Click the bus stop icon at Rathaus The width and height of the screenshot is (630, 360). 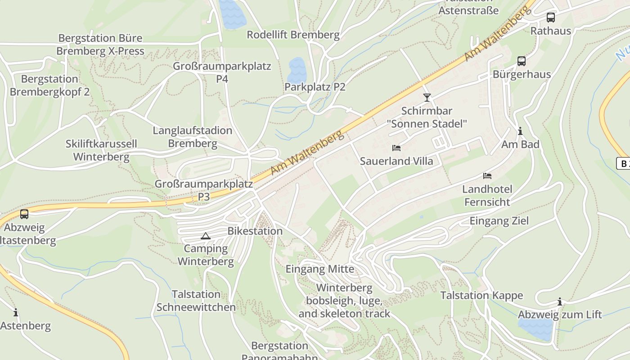tap(550, 18)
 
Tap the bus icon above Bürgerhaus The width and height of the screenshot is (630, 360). tap(521, 61)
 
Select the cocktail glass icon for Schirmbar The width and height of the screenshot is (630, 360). tap(427, 97)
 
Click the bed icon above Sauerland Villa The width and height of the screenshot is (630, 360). tap(396, 148)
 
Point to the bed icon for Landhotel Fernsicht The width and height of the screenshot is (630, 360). tap(487, 175)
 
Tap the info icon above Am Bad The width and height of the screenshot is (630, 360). tap(520, 131)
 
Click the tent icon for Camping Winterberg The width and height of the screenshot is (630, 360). tap(205, 236)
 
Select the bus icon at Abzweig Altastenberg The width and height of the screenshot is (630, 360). tap(24, 214)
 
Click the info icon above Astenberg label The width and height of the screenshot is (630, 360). tap(16, 312)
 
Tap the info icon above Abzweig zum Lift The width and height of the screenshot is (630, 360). tap(560, 301)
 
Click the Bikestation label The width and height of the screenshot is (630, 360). tap(255, 231)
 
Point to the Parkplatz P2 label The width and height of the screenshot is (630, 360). tap(315, 87)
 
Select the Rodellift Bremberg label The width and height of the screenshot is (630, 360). tap(293, 35)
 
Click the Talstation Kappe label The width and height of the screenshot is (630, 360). tap(481, 295)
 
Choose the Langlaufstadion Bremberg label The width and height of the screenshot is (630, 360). tap(193, 137)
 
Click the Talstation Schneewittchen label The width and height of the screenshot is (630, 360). tap(196, 301)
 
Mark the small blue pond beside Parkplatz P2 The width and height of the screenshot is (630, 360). tap(297, 70)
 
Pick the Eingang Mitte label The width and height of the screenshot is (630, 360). tap(320, 269)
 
